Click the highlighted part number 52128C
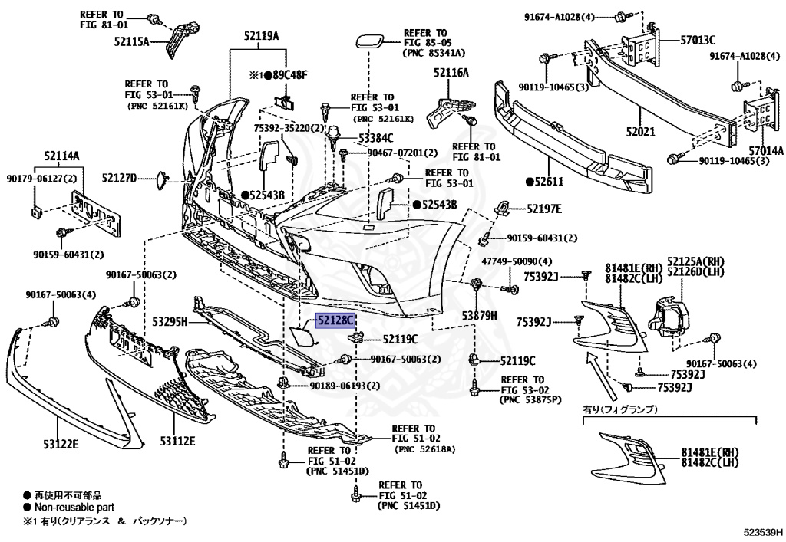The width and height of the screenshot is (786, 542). [335, 321]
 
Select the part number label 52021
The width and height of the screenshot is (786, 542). [639, 132]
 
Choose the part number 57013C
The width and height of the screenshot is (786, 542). [697, 40]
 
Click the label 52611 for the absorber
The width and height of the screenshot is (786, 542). [549, 182]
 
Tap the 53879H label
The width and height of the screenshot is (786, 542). [480, 314]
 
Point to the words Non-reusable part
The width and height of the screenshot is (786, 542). [73, 507]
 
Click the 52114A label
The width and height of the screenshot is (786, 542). [62, 156]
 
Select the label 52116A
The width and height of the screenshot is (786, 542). [451, 73]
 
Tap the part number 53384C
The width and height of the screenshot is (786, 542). [375, 138]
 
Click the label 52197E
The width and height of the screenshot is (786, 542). [543, 209]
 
